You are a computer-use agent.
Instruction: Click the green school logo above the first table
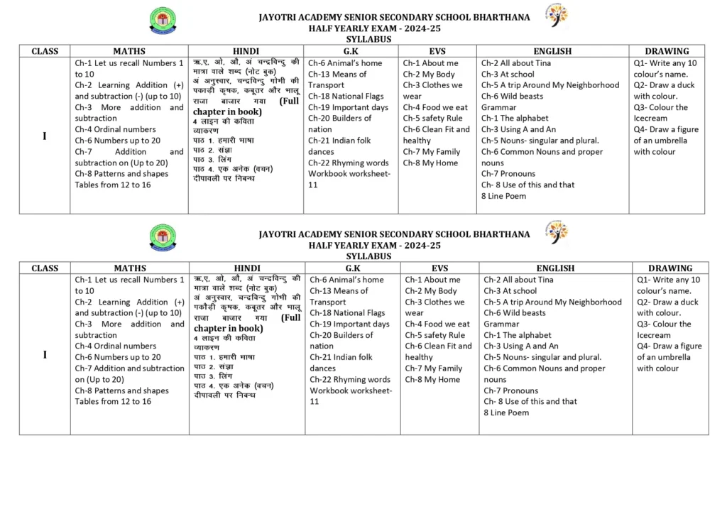pyautogui.click(x=163, y=21)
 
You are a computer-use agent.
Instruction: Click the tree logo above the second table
pyautogui.click(x=557, y=233)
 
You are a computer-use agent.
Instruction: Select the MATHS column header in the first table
pyautogui.click(x=129, y=51)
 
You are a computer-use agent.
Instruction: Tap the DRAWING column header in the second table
pyautogui.click(x=669, y=268)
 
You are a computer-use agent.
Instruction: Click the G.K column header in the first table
pyautogui.click(x=351, y=51)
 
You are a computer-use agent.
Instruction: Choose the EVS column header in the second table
pyautogui.click(x=439, y=268)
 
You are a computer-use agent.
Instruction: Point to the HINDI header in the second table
pyautogui.click(x=247, y=268)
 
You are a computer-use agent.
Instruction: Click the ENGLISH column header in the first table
pyautogui.click(x=552, y=51)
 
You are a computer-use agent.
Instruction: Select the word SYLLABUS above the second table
pyautogui.click(x=368, y=256)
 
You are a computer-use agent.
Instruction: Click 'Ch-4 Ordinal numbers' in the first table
pyautogui.click(x=115, y=129)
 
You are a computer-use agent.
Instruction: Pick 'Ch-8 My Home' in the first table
pyautogui.click(x=430, y=163)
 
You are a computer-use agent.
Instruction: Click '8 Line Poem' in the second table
pyautogui.click(x=506, y=412)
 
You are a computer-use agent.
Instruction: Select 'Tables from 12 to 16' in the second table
pyautogui.click(x=113, y=402)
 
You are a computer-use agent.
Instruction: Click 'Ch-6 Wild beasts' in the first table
pyautogui.click(x=512, y=96)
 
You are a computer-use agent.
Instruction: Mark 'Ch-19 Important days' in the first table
pyautogui.click(x=348, y=107)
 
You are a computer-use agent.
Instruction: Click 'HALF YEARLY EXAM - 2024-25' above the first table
pyautogui.click(x=374, y=28)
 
